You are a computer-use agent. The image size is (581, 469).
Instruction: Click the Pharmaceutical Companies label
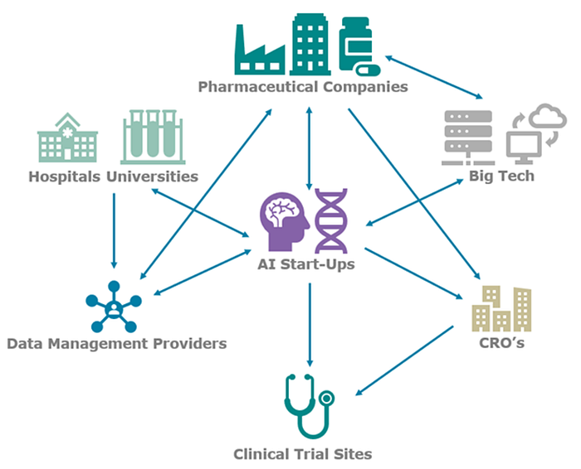(303, 86)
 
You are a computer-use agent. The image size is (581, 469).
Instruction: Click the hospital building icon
(67, 139)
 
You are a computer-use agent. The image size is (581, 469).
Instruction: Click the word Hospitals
(66, 176)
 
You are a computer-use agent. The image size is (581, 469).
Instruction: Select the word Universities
(154, 176)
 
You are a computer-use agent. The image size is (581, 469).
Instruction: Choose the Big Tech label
(501, 176)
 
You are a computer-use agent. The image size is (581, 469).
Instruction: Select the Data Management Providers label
(116, 344)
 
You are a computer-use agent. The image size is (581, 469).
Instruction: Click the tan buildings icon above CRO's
(501, 308)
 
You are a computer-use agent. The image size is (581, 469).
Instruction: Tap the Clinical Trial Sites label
(303, 453)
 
